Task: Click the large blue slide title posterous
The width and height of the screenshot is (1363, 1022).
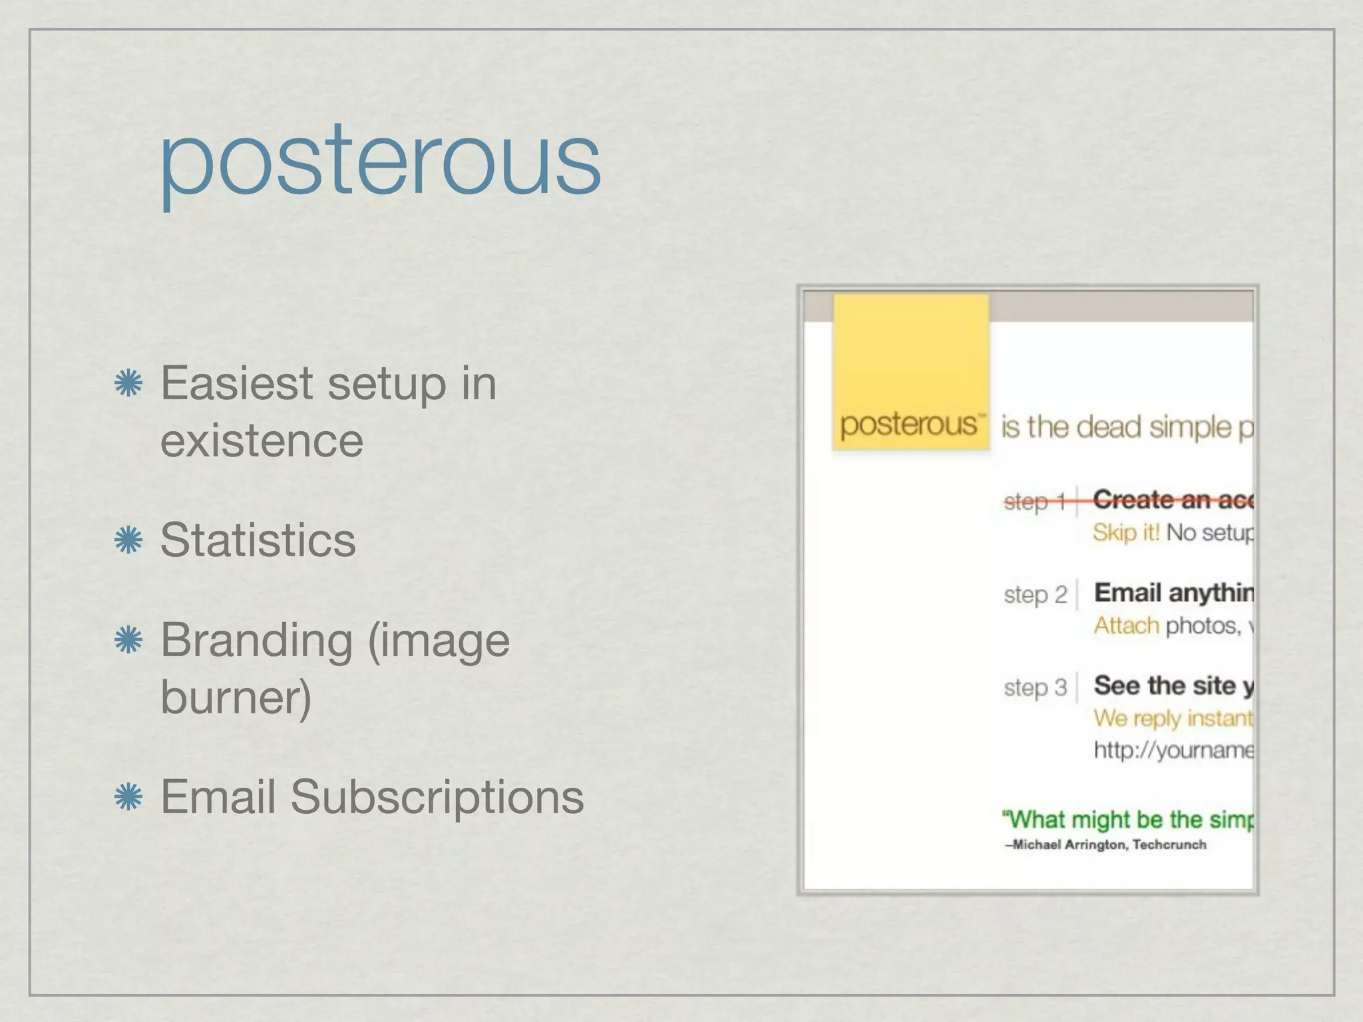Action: coord(380,163)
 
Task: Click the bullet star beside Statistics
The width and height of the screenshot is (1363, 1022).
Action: coord(128,540)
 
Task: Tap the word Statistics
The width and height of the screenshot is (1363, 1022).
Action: coord(258,540)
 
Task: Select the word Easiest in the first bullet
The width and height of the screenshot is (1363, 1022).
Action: coord(236,384)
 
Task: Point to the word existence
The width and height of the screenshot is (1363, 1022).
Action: coord(262,441)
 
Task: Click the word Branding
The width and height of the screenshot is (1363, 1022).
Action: coord(257,640)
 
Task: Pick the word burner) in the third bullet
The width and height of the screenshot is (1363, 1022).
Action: coord(236,697)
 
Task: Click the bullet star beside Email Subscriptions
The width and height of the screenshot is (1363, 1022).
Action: coord(128,796)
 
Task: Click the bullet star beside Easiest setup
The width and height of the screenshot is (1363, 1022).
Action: coord(128,384)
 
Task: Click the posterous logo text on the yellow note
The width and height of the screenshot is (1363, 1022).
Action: coord(909,424)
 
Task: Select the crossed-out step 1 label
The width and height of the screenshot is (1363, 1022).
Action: coord(1035,501)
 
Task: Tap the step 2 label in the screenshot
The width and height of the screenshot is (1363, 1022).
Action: coord(1035,594)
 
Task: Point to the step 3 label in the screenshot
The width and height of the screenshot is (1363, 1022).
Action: coord(1035,687)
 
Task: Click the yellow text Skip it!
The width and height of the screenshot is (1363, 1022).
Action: coord(1126,532)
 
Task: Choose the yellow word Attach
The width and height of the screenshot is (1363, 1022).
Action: coord(1126,625)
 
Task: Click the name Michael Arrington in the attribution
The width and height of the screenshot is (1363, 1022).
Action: coord(1069,845)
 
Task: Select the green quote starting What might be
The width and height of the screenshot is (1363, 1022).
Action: coord(1129,819)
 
